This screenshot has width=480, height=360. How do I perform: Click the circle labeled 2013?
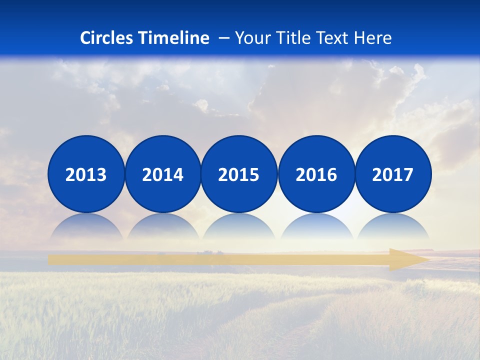click(x=86, y=174)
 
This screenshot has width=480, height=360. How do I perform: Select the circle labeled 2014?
click(x=162, y=174)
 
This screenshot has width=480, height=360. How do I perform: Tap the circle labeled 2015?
click(x=239, y=174)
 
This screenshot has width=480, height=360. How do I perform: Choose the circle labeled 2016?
click(x=316, y=174)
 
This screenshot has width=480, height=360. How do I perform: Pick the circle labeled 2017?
click(x=393, y=174)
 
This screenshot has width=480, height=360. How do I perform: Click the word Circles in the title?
click(x=107, y=38)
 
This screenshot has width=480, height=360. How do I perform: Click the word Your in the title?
click(x=252, y=38)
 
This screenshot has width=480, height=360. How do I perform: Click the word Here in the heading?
click(x=374, y=38)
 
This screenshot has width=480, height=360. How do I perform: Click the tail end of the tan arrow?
click(x=52, y=259)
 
